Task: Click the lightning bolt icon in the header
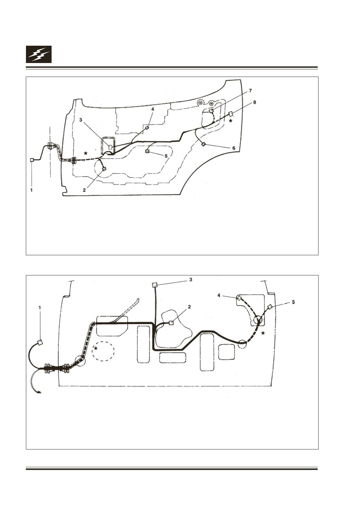tap(39, 54)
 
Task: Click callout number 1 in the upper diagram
tap(31, 190)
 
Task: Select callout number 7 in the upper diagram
tap(250, 91)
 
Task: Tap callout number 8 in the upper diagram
tap(255, 102)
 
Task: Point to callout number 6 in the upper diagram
tap(234, 148)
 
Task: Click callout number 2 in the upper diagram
tap(84, 190)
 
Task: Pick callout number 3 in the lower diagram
tap(191, 279)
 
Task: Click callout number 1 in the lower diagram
tap(39, 307)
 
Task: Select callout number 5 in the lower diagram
tap(293, 302)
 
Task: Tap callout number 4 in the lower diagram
tap(219, 296)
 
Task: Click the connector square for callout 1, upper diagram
tap(32, 160)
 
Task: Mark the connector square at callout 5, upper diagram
tap(147, 151)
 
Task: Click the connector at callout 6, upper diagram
tap(204, 144)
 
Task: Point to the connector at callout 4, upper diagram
tap(147, 128)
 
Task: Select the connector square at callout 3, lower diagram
tap(154, 285)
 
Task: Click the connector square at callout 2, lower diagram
tap(171, 323)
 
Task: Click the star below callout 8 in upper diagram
tap(231, 121)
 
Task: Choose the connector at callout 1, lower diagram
tap(40, 342)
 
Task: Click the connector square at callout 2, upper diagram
tap(104, 169)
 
